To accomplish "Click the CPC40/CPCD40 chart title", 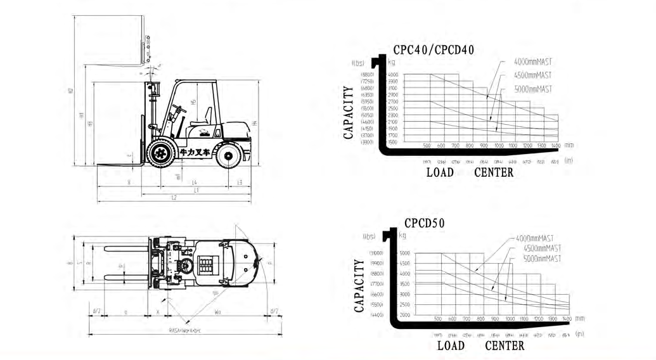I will click(434, 50).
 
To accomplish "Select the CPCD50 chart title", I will click(424, 223).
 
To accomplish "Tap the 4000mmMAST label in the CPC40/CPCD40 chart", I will click(533, 61).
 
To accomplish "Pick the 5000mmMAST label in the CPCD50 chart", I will click(541, 259).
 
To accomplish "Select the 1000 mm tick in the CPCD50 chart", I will click(510, 318).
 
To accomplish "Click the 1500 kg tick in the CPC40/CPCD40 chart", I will click(392, 143).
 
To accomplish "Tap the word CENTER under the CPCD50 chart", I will click(505, 345).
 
